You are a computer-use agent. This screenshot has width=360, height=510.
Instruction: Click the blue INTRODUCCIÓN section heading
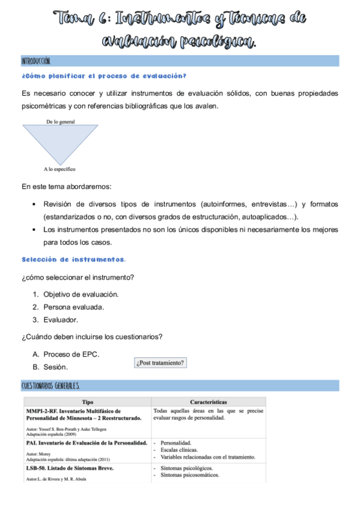click(x=36, y=61)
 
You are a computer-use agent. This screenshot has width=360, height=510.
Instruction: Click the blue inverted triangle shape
click(x=60, y=141)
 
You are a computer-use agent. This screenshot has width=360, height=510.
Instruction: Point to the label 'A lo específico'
click(x=59, y=169)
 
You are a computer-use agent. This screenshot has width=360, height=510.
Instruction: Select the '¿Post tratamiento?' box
click(x=160, y=363)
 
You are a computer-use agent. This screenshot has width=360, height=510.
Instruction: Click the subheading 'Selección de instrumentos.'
click(x=73, y=259)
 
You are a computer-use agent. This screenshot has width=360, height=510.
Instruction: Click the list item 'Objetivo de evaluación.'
click(x=81, y=294)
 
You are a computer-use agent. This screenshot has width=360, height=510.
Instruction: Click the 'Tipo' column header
click(x=87, y=401)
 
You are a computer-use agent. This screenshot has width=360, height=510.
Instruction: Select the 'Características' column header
click(x=208, y=401)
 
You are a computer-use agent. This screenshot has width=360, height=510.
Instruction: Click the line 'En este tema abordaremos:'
click(x=66, y=186)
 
